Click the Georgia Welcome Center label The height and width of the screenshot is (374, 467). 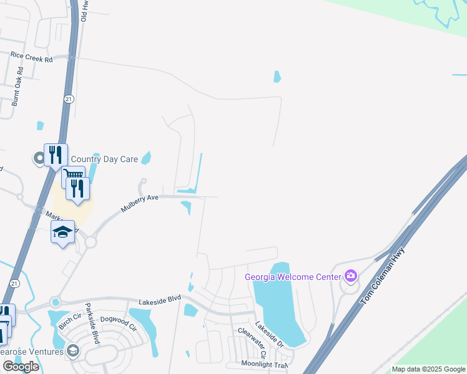pos(293,277)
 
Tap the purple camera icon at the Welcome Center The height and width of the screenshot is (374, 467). pos(351,276)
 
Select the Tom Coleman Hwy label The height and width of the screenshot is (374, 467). pos(383,277)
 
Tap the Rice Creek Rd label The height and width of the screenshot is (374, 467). pos(31,55)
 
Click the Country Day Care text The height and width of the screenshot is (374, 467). pos(104,159)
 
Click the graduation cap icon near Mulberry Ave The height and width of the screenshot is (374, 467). pos(62,232)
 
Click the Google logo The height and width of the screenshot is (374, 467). pos(21,367)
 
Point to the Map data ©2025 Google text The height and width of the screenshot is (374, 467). pos(429,369)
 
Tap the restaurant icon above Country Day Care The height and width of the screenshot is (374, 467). pos(56,154)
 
